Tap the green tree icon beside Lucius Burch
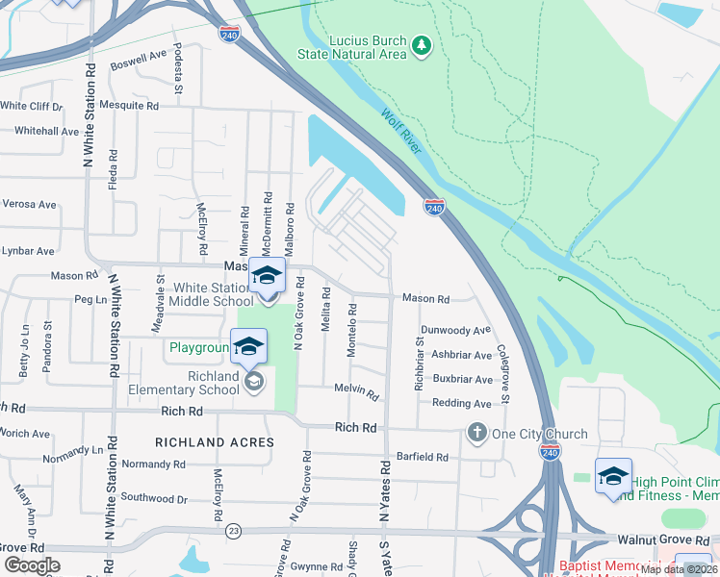coord(421,44)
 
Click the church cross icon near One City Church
coord(476,433)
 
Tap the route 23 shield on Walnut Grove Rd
coord(233,530)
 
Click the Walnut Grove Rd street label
coord(675,539)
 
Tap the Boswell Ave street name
coord(139,60)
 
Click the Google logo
coord(31,565)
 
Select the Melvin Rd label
coord(356,391)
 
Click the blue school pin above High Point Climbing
coord(613,477)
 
